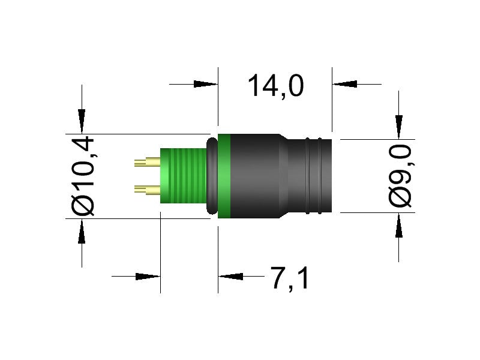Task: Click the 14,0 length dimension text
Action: (x=275, y=86)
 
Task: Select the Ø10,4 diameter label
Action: (x=83, y=175)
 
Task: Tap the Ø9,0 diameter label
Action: (x=401, y=175)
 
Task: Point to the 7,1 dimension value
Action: (x=290, y=278)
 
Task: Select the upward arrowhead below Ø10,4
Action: (x=82, y=231)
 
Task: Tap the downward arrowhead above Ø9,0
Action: (x=398, y=128)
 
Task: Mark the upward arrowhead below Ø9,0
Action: (x=398, y=226)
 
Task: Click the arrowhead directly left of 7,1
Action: (x=230, y=277)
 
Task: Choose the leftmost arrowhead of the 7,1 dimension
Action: (x=148, y=277)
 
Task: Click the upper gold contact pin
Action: (x=147, y=162)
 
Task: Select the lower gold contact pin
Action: (x=147, y=190)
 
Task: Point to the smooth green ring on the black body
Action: (x=224, y=175)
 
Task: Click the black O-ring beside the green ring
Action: (x=212, y=175)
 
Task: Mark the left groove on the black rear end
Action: (x=307, y=175)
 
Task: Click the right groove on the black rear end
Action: (x=326, y=175)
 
